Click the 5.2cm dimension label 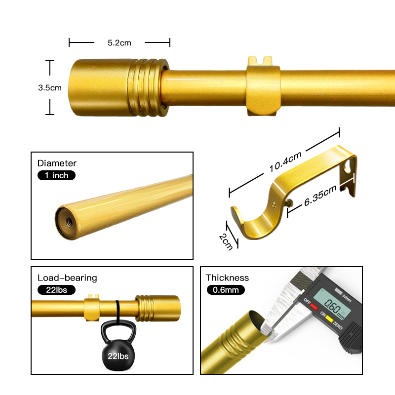click(x=119, y=43)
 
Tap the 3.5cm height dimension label click(x=50, y=88)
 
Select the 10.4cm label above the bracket click(x=285, y=162)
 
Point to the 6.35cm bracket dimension click(x=320, y=196)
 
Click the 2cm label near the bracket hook click(x=226, y=242)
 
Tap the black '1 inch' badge click(x=56, y=175)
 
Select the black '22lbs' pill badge click(x=56, y=290)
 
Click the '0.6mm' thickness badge click(x=226, y=290)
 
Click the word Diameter click(x=57, y=163)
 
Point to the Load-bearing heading click(x=67, y=278)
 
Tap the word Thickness click(x=227, y=278)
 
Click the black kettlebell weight click(x=118, y=345)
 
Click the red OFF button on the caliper click(x=314, y=307)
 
